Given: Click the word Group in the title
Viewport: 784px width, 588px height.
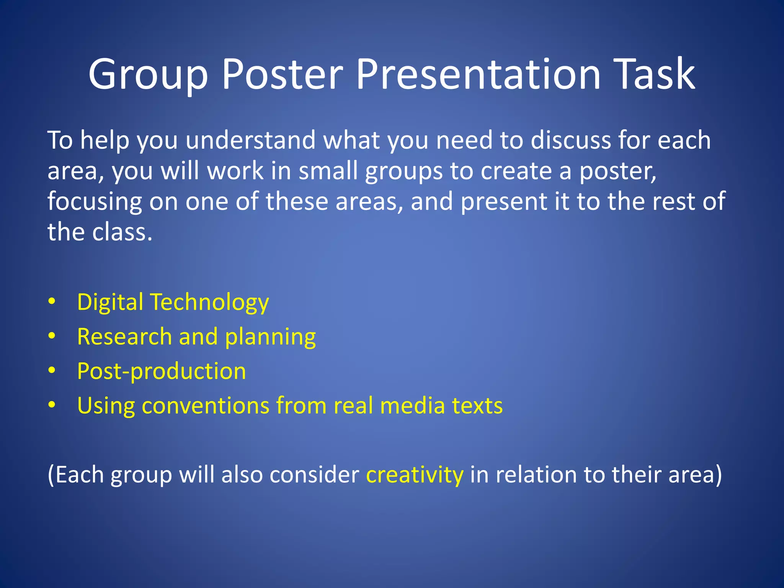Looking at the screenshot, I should (148, 75).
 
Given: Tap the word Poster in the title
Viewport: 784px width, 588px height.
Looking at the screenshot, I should (282, 75).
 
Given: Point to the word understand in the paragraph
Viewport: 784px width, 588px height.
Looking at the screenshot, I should (250, 140).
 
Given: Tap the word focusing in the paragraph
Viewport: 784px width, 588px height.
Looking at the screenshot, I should (95, 202).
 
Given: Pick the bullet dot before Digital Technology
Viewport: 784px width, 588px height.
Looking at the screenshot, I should (52, 302).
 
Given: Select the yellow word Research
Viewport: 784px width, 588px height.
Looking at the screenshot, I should (124, 336).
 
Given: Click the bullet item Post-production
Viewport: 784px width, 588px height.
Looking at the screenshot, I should (161, 371).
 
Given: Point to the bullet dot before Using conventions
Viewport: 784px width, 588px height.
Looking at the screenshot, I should (52, 405).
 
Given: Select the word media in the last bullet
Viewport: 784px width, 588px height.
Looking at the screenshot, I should (412, 406).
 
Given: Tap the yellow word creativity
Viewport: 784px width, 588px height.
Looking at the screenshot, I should (415, 475).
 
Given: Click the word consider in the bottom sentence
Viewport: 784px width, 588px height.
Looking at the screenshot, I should (314, 475).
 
